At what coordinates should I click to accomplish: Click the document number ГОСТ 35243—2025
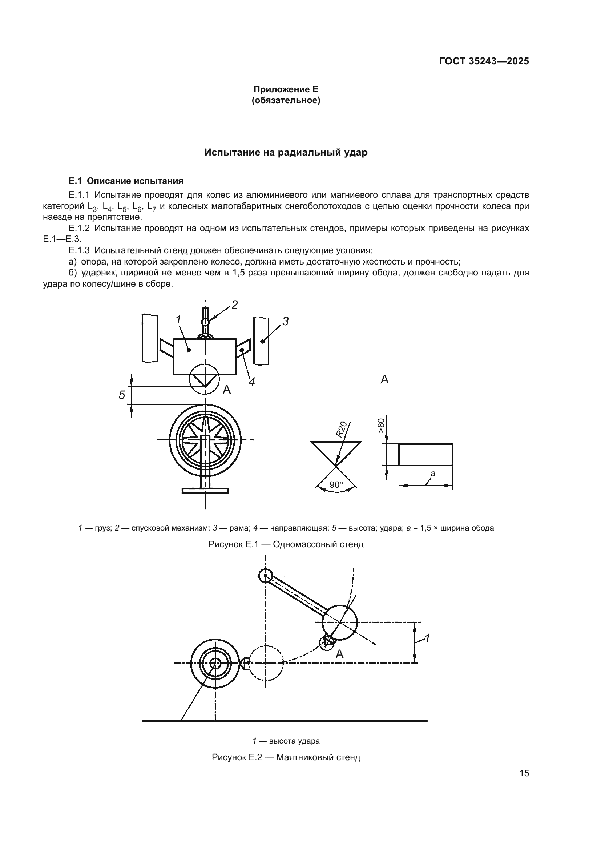coord(484,61)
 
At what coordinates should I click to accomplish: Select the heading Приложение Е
coord(286,89)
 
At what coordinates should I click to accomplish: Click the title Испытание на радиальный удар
coord(286,153)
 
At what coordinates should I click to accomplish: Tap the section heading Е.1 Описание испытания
coord(126,181)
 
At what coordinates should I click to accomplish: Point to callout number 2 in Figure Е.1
coord(234,305)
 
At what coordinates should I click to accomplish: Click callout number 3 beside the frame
coord(285,321)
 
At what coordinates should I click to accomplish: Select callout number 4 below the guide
coord(252,382)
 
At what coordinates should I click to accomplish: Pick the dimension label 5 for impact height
coord(122,395)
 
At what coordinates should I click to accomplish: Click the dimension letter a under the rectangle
coord(433,473)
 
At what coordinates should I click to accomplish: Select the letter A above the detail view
coord(384,379)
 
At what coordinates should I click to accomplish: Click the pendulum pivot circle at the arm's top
coord(266,576)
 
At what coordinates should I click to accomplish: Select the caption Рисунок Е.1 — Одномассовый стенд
coord(286,544)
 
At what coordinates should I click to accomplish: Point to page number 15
coord(524,783)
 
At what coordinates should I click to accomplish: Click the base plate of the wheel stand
coord(205,491)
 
